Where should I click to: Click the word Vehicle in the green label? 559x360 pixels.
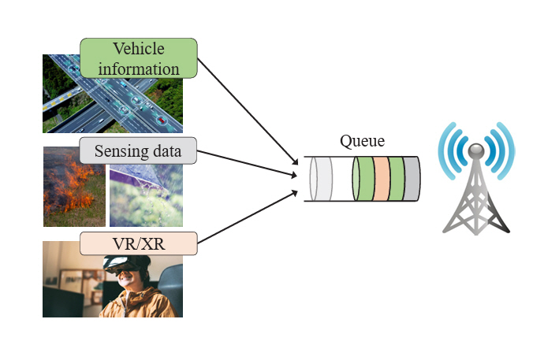[x=138, y=49]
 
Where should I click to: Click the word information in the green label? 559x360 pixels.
[x=138, y=68]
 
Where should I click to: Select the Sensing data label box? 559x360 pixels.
[x=138, y=150]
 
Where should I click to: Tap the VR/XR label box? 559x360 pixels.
[x=138, y=243]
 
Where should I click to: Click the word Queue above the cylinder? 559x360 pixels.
[x=362, y=142]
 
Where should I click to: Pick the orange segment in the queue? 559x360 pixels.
[x=381, y=178]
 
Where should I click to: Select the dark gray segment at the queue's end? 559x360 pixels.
[x=412, y=178]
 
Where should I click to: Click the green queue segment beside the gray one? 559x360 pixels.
[x=396, y=178]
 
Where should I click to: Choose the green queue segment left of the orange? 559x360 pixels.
[x=365, y=178]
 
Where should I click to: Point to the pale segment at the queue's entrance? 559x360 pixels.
[x=321, y=178]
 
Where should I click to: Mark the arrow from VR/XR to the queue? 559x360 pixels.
[x=244, y=216]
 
